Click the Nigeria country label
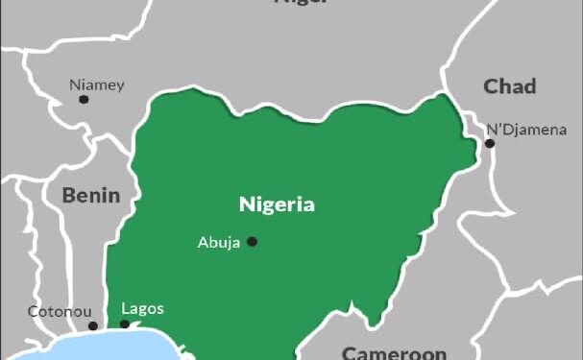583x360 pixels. [x=277, y=204]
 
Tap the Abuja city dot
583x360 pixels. [x=253, y=242]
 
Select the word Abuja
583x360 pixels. [x=219, y=242]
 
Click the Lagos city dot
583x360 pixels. [x=124, y=325]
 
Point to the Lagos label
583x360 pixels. [x=142, y=308]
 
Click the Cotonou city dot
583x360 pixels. [x=93, y=326]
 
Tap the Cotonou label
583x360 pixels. [x=60, y=311]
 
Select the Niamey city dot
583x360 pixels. [x=84, y=99]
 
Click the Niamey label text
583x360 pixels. [x=97, y=84]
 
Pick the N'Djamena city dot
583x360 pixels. [x=489, y=144]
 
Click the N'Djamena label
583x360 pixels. [x=526, y=130]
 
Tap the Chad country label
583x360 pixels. [x=509, y=87]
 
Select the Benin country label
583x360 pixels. [x=91, y=196]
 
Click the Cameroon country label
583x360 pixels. [x=394, y=352]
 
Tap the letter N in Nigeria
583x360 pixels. [x=246, y=204]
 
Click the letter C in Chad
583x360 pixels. [x=490, y=87]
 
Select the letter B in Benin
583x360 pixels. [x=68, y=196]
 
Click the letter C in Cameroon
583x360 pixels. [x=350, y=352]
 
